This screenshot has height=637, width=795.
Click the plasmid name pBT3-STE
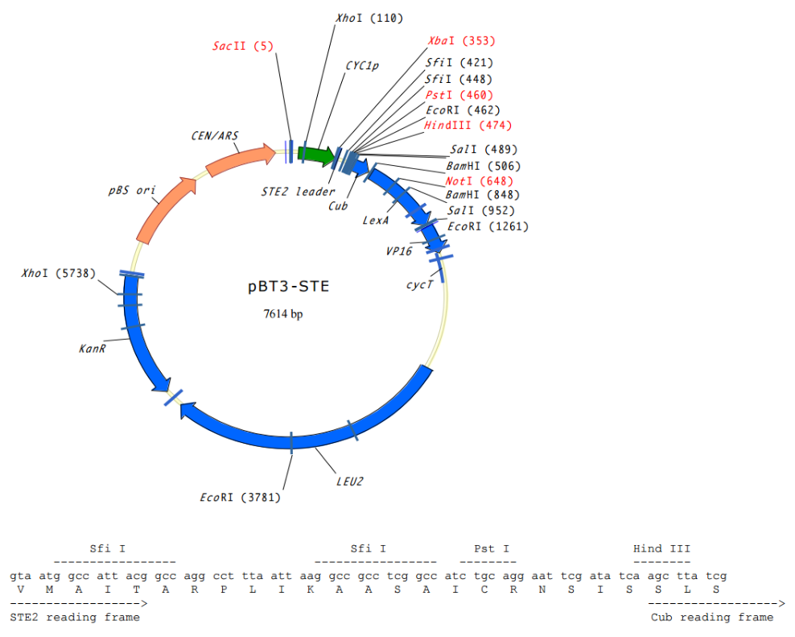tap(287, 287)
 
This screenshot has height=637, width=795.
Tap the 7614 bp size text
tap(283, 314)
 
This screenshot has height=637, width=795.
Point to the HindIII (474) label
tap(468, 125)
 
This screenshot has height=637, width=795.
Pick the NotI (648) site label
tap(479, 180)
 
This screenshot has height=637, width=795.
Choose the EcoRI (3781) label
tap(240, 497)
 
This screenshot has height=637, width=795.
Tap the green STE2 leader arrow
tap(316, 155)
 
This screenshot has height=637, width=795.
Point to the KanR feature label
tap(93, 348)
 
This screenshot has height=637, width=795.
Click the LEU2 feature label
tap(350, 482)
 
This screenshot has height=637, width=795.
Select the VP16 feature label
tap(398, 250)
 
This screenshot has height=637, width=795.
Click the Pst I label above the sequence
tap(491, 549)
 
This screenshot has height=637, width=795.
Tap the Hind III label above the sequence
tap(661, 549)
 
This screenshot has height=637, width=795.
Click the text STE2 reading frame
tap(75, 617)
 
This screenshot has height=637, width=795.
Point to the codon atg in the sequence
tap(50, 576)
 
